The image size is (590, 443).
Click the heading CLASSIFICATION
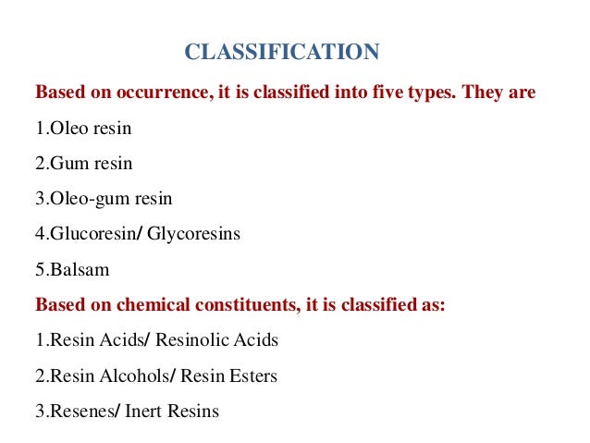pos(282,52)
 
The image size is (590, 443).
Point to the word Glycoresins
pos(194,234)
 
